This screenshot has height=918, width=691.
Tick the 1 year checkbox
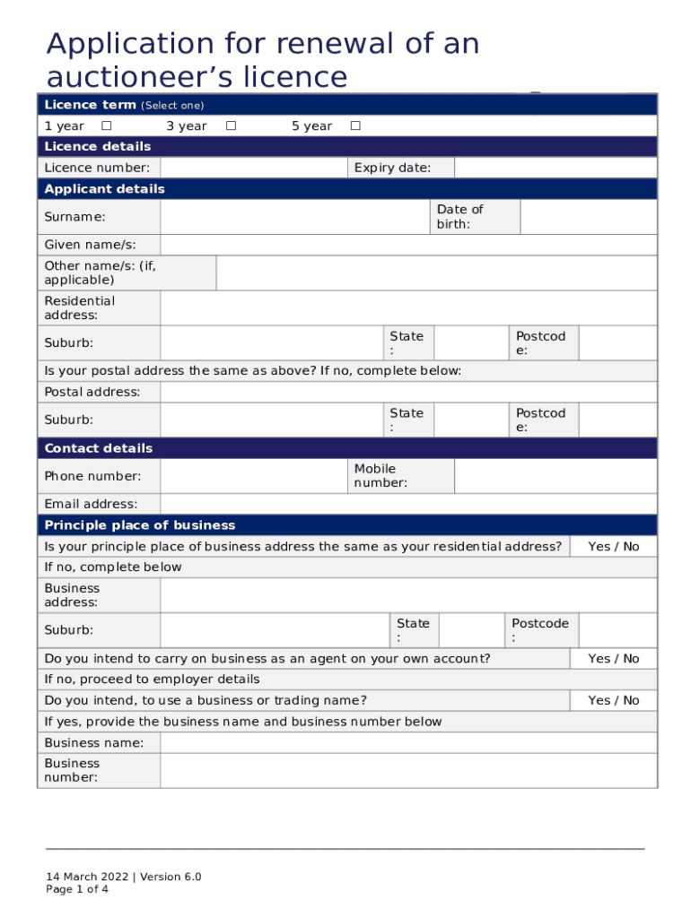(x=106, y=126)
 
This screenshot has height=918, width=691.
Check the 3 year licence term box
(x=231, y=126)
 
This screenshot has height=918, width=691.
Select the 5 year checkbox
(x=355, y=126)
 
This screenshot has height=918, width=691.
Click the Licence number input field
(x=253, y=168)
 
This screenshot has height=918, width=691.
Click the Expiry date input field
(x=555, y=168)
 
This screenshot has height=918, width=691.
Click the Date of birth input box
(x=588, y=217)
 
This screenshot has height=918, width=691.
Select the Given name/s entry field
(x=408, y=246)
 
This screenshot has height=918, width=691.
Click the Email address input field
(x=408, y=504)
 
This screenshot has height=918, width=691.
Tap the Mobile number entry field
(x=555, y=476)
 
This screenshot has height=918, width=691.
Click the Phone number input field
(x=253, y=476)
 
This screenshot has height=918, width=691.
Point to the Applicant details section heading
(x=105, y=189)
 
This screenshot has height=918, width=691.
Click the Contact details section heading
(x=99, y=448)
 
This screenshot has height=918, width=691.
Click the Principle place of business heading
(x=140, y=525)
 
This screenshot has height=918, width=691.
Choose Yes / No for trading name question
(x=613, y=700)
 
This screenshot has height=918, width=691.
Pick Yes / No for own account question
(x=613, y=659)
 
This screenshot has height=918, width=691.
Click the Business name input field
(x=408, y=742)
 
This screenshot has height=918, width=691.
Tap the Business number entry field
(x=408, y=770)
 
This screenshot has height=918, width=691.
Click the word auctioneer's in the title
(x=166, y=77)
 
